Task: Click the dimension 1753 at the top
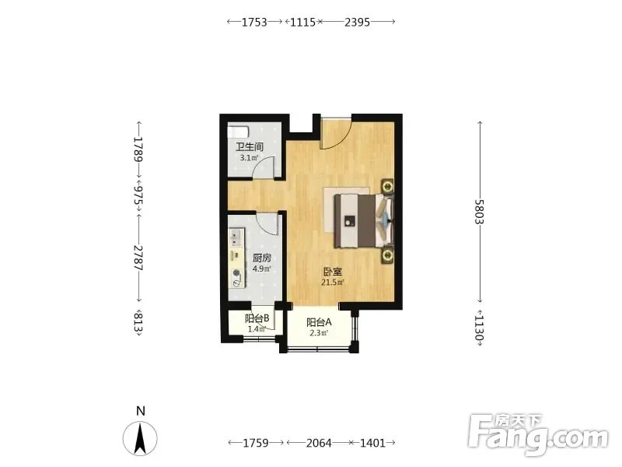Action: pyautogui.click(x=254, y=23)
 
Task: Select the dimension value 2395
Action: pyautogui.click(x=357, y=23)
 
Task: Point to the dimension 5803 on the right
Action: pyautogui.click(x=480, y=212)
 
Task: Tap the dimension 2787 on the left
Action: pyautogui.click(x=138, y=258)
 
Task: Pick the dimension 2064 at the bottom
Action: pyautogui.click(x=319, y=442)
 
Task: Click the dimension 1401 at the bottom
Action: pyautogui.click(x=372, y=442)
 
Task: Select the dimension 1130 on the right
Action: pyautogui.click(x=480, y=328)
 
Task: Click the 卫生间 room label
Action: pyautogui.click(x=250, y=147)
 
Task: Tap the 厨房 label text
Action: pyautogui.click(x=262, y=258)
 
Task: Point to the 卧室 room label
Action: pyautogui.click(x=333, y=272)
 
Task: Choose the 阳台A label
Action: pyautogui.click(x=319, y=322)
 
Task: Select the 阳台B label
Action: pyautogui.click(x=257, y=318)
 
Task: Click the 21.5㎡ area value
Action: pyautogui.click(x=333, y=283)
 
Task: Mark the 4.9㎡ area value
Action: pyautogui.click(x=261, y=269)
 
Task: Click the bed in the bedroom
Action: pyautogui.click(x=364, y=220)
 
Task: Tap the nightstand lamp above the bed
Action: pyautogui.click(x=387, y=185)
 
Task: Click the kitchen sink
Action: pyautogui.click(x=236, y=237)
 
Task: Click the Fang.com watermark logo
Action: pyautogui.click(x=537, y=434)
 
